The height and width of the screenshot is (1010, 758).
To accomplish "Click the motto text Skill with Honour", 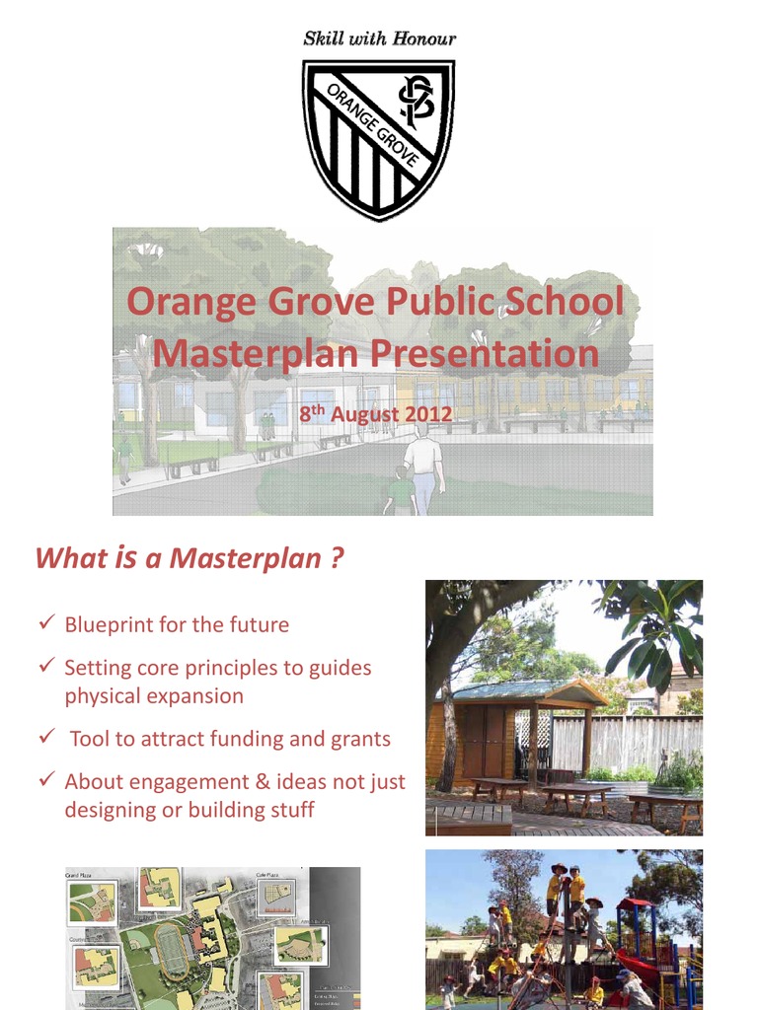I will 379,38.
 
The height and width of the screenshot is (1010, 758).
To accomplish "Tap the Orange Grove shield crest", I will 378,138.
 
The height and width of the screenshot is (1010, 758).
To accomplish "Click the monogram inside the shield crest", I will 416,101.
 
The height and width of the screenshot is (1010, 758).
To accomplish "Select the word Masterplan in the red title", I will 256,353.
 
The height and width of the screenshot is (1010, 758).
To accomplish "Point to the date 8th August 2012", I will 376,414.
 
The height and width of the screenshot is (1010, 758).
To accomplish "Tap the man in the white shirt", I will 423,469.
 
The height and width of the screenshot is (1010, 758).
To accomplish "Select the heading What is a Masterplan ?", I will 189,558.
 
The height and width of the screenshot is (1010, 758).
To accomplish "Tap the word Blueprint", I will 110,624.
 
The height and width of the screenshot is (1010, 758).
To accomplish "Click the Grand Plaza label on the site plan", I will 80,875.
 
